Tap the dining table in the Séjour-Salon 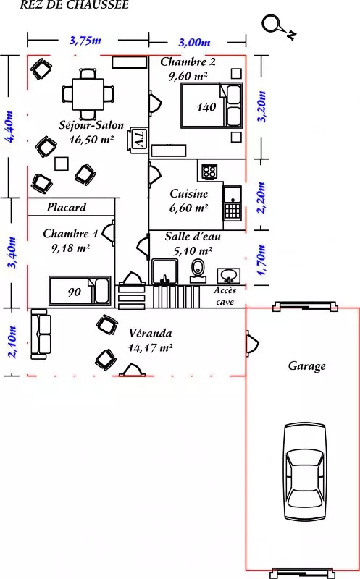click(x=88, y=93)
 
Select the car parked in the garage click(x=305, y=472)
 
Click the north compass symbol click(x=278, y=27)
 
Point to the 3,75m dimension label click(x=85, y=40)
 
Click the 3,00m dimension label click(x=194, y=42)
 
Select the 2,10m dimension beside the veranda click(x=12, y=342)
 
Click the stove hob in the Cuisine click(x=209, y=172)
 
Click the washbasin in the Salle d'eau click(x=229, y=275)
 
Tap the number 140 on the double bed click(x=206, y=107)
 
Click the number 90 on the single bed click(x=74, y=292)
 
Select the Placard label click(x=67, y=207)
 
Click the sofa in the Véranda click(x=40, y=334)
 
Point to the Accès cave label click(x=225, y=296)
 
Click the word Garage click(x=307, y=366)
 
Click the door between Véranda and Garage click(x=252, y=343)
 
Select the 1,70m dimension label click(x=261, y=260)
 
